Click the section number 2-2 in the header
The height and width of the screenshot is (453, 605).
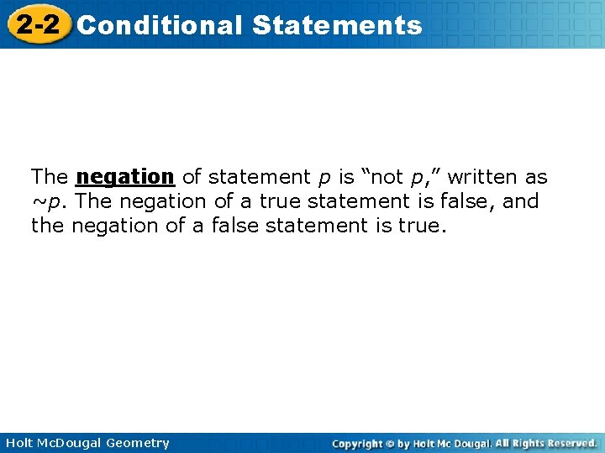tap(36, 24)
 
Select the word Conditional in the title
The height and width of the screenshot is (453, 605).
tap(159, 25)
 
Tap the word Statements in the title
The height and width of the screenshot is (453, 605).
tap(336, 25)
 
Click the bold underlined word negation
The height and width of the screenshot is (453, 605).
tap(124, 177)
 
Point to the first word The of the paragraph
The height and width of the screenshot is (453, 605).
tap(50, 177)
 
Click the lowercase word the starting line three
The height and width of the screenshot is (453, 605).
tap(48, 226)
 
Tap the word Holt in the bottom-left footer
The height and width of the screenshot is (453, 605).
tap(19, 443)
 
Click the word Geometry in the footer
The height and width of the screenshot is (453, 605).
tap(138, 443)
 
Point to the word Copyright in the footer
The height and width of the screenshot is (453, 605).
tap(356, 443)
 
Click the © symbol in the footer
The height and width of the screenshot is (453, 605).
tap(390, 443)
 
